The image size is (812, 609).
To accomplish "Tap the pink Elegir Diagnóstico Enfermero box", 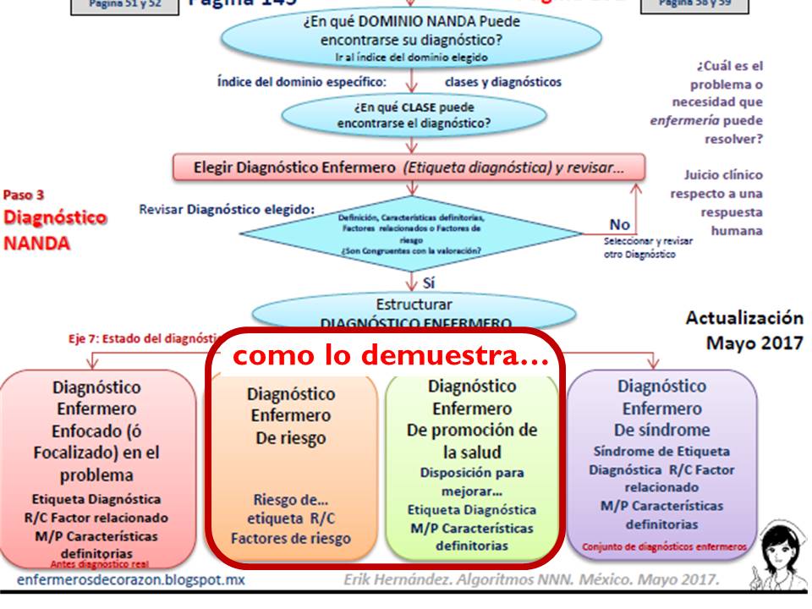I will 409,167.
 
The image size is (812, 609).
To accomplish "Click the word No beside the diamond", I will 619,226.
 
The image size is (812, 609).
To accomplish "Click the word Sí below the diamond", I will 428,283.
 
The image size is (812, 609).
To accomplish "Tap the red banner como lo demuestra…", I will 386,355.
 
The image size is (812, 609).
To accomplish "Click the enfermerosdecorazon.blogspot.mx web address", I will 131,581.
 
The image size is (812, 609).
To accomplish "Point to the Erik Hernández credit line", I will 532,580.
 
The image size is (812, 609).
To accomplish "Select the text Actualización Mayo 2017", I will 744,331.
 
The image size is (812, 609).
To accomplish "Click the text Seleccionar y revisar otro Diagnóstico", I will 648,247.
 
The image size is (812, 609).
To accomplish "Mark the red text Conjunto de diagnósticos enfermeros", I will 664,546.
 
